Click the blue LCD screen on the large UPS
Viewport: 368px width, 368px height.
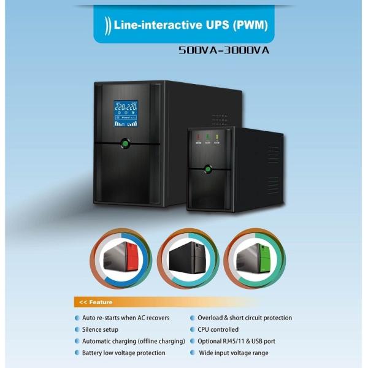(x=126, y=113)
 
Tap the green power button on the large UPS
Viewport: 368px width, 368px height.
(x=126, y=145)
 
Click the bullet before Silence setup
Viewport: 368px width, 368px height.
(x=77, y=330)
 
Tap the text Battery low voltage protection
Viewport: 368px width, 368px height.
(x=123, y=353)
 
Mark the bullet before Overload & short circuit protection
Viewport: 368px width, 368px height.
(x=192, y=318)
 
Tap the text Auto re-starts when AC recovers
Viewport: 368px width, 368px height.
(x=126, y=318)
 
